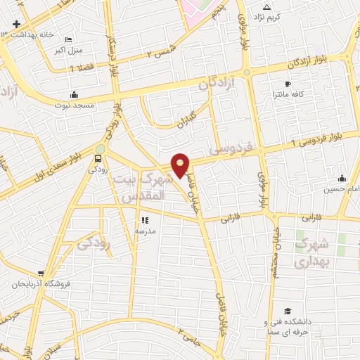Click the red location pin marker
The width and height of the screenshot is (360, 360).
coord(181,165)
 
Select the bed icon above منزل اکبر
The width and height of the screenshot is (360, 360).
coord(68,40)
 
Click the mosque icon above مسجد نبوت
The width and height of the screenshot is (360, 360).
coord(74,94)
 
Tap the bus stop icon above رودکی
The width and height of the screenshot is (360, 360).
coord(98,157)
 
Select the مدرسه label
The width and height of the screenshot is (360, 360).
coord(145,231)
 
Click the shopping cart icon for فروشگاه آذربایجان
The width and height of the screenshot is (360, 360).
coord(41,274)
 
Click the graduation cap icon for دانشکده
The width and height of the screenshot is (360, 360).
coord(287,311)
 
